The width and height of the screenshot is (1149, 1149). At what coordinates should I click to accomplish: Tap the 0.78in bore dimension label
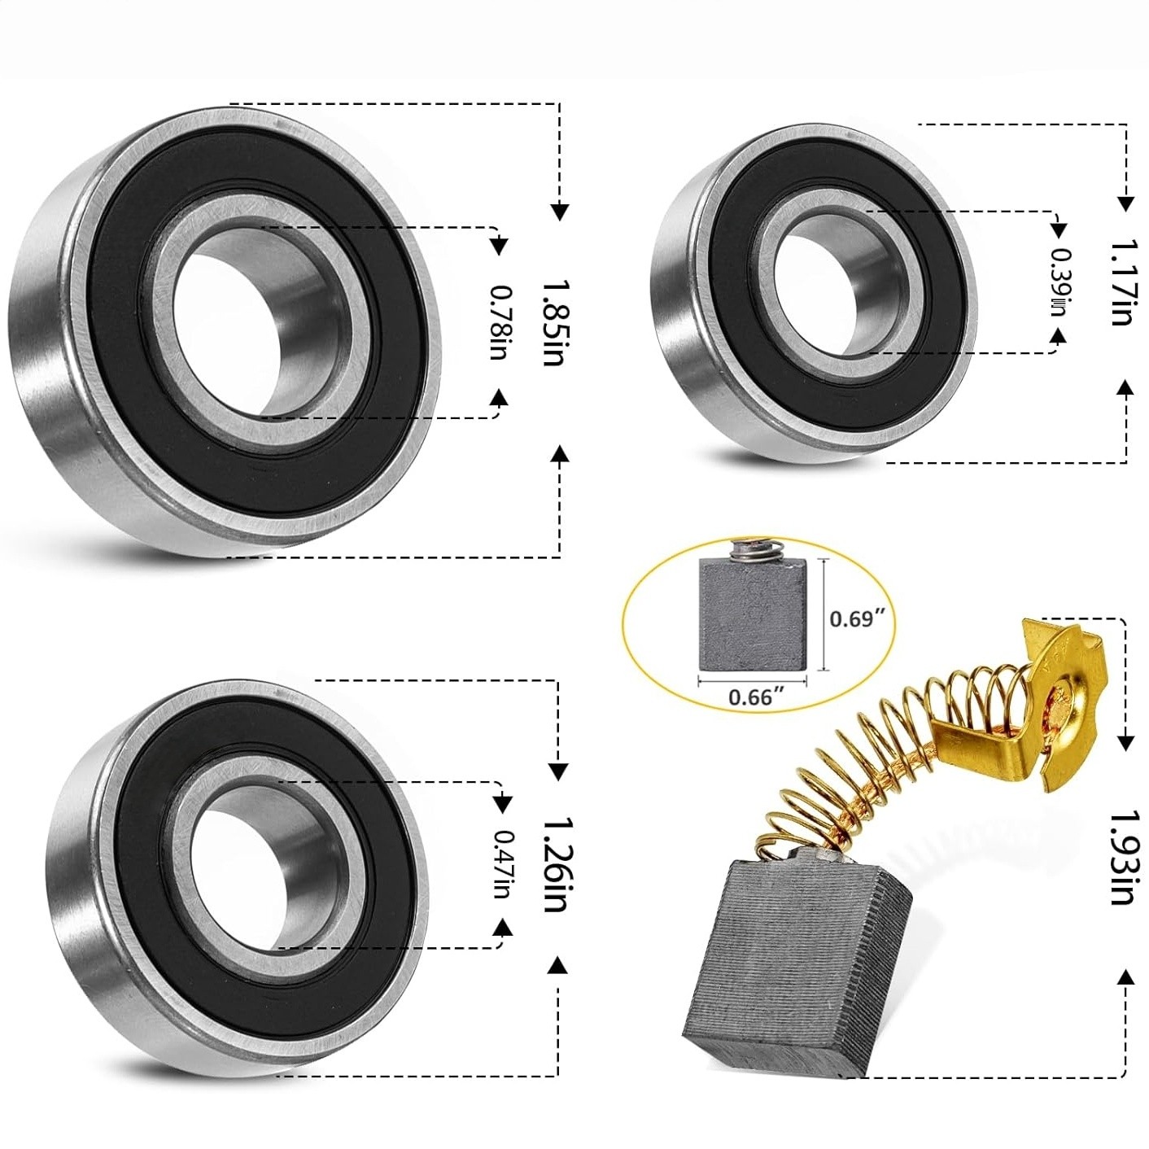pos(498,322)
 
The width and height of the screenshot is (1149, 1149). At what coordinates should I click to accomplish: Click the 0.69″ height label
pos(855,619)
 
